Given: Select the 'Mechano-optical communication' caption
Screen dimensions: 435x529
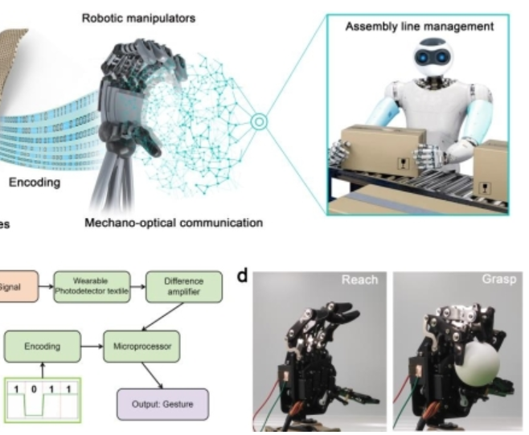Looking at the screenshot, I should point(174,223).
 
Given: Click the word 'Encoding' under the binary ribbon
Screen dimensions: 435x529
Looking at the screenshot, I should point(34,183).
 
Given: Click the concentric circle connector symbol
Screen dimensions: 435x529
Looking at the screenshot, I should point(258,122).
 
